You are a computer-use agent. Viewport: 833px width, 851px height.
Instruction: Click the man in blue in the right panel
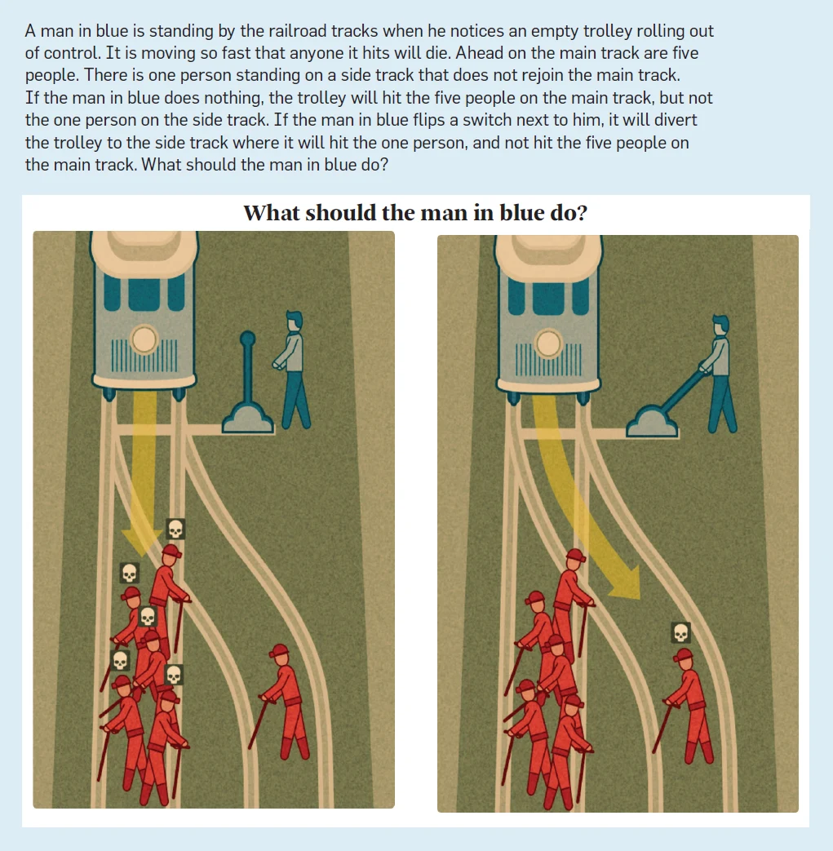(719, 374)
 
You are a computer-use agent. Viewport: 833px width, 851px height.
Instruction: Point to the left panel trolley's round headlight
(144, 339)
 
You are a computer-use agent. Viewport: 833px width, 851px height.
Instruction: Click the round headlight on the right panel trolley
(548, 344)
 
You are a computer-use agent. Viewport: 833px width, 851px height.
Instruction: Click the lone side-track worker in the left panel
(281, 701)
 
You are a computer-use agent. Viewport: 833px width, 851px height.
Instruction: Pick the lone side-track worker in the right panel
(685, 706)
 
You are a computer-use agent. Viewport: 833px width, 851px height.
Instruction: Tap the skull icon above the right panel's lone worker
(681, 632)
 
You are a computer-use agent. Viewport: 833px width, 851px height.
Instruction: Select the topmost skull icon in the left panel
(175, 529)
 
